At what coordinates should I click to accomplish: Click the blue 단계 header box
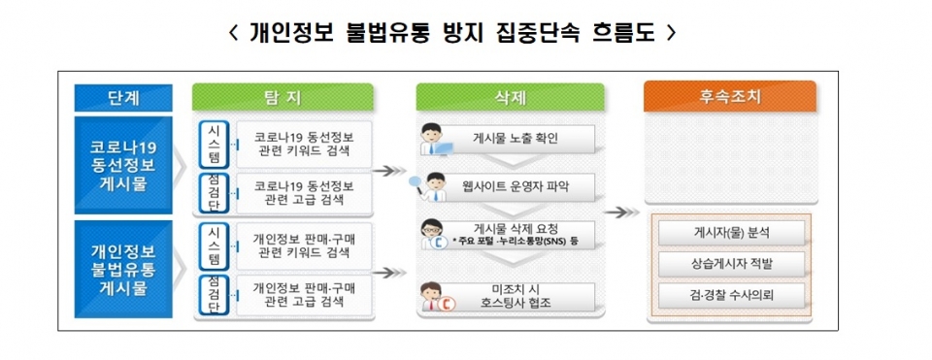123,97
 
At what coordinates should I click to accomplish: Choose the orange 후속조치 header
729,97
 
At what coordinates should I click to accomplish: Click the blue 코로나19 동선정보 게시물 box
123,165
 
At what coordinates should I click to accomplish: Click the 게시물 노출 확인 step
515,139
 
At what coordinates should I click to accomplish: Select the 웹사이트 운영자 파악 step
515,184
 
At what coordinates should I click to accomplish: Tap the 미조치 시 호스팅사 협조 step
515,295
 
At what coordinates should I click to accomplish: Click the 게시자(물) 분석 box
730,233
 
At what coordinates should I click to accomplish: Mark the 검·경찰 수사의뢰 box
730,294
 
